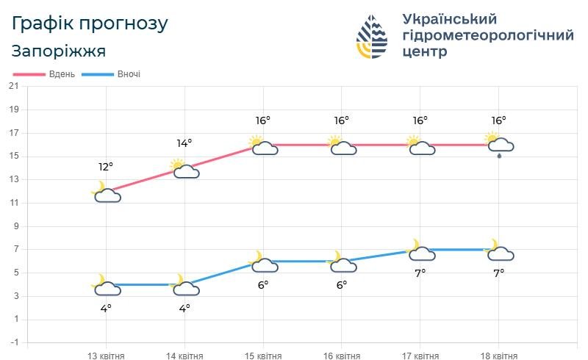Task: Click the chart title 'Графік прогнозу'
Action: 90,24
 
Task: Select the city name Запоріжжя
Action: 59,51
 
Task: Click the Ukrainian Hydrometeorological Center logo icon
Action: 372,36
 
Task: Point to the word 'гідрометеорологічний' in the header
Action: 488,35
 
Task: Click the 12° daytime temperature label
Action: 106,166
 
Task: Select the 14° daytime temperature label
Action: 184,143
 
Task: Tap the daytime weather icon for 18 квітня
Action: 499,145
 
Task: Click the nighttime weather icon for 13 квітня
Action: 106,287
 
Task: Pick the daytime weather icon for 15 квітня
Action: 263,145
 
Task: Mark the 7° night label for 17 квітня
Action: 420,273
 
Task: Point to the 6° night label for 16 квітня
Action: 342,284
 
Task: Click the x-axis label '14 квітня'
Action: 184,356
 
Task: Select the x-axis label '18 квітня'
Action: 499,356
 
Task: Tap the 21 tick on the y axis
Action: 13,86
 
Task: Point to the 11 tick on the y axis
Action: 13,203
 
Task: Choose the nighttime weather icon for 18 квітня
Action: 499,251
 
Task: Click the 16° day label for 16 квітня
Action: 342,120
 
